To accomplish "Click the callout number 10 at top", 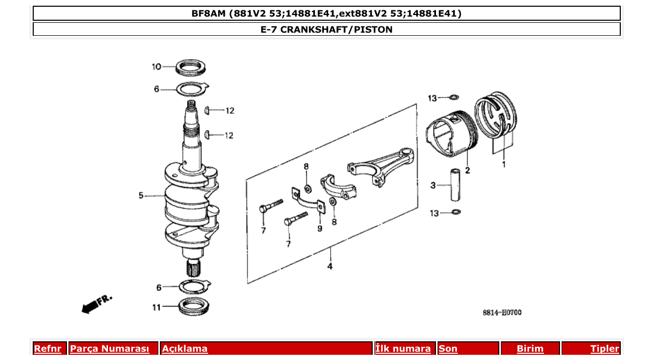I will pos(156,66).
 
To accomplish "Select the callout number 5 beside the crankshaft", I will pos(141,196).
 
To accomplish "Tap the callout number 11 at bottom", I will pos(156,307).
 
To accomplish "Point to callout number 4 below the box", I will pos(330,267).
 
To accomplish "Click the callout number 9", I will pos(320,228).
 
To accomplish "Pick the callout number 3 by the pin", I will pos(433,185).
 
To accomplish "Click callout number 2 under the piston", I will pos(468,170).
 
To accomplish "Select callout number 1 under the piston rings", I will pos(502,165).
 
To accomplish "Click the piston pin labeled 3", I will pos(455,185).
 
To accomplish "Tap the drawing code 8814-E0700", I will pos(502,312).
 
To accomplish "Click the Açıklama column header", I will pos(185,349).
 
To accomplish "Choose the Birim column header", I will pos(530,349).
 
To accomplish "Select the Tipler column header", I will pos(605,349).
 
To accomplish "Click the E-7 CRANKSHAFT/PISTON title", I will pos(326,30).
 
